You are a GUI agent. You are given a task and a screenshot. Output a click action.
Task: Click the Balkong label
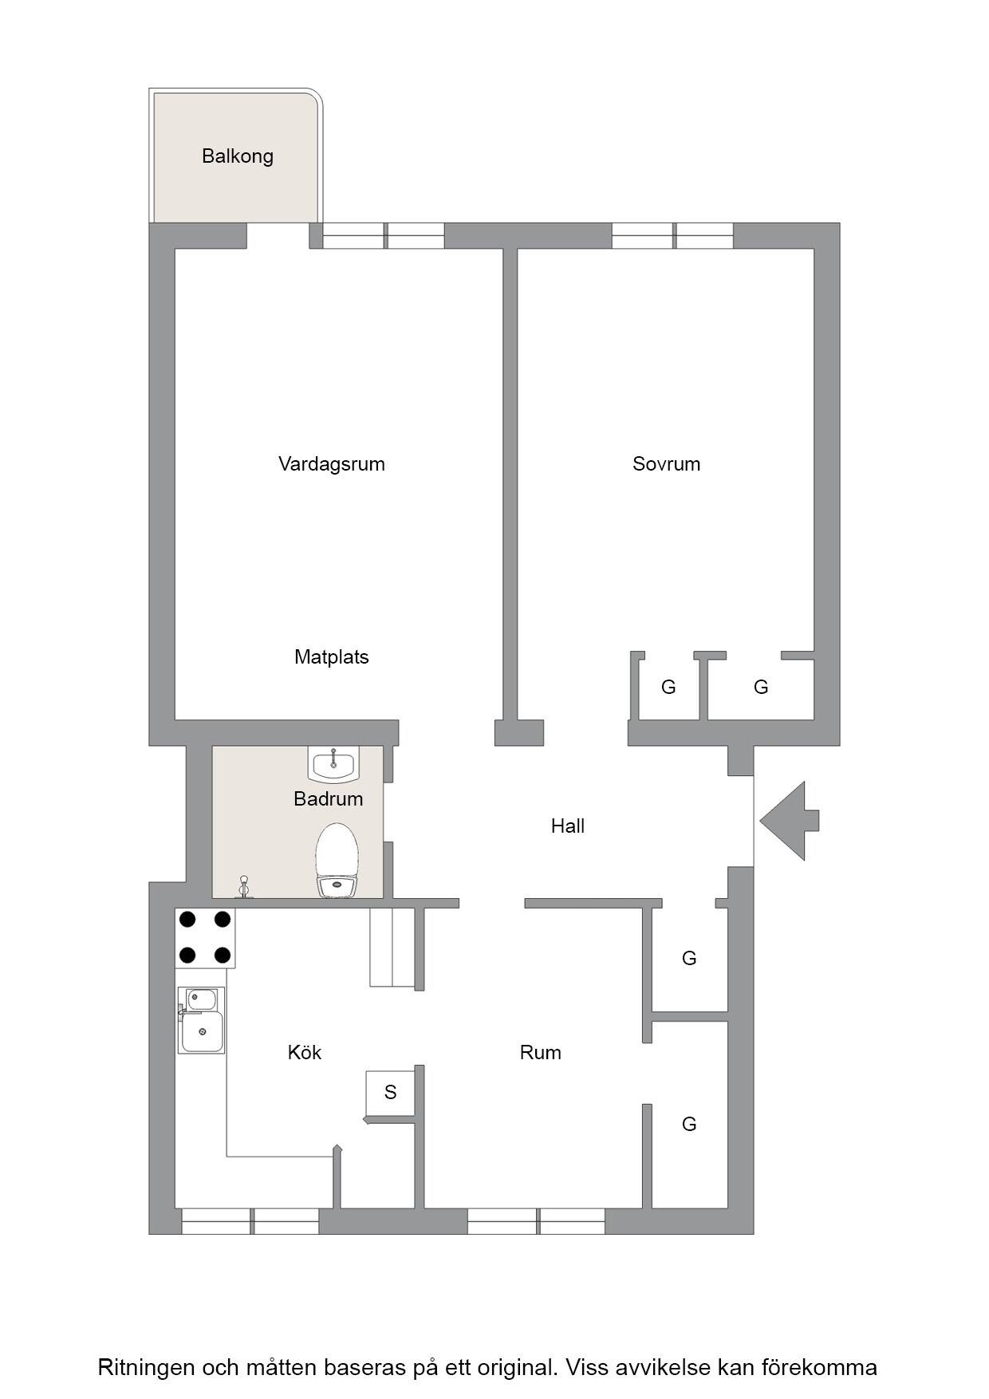coord(238,156)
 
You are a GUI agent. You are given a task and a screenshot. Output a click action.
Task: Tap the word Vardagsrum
coord(332,464)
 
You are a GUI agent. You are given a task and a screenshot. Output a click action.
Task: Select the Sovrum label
coord(667,464)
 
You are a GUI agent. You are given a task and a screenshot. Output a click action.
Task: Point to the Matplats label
coord(332,657)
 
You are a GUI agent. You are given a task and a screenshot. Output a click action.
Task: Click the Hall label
coord(568,826)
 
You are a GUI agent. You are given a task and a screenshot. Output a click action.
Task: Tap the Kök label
coord(305,1053)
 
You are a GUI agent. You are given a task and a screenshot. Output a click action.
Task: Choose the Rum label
coord(541,1053)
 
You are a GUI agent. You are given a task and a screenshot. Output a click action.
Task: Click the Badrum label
coord(329,799)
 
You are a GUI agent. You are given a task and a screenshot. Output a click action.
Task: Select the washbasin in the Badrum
coord(334,764)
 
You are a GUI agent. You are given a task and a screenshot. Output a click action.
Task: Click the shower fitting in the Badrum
coord(244,887)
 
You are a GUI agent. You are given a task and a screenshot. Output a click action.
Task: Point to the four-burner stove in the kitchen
coord(205,938)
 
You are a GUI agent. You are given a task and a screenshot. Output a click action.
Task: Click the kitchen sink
coord(201,1020)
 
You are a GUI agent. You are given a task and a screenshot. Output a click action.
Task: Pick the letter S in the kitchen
coord(390,1093)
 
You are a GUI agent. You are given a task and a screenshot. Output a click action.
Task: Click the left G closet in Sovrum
coord(669,687)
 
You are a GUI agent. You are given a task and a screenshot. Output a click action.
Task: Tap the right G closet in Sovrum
coord(761,687)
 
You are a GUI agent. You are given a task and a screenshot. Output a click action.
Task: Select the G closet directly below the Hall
coord(690,959)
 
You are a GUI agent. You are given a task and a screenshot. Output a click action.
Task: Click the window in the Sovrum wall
coord(672,236)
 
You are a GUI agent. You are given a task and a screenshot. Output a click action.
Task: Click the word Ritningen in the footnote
coord(146,1368)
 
